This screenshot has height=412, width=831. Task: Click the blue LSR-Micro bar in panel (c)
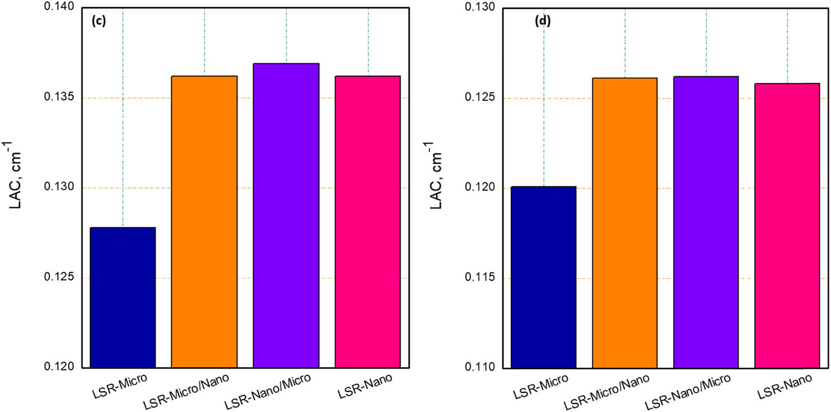tap(122, 297)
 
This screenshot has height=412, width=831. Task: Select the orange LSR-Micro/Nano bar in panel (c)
tap(204, 222)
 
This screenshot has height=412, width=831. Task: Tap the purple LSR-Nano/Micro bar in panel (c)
tap(286, 215)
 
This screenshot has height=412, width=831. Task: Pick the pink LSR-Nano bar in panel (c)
tap(368, 222)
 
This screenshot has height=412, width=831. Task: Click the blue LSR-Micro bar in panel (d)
tap(543, 277)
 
